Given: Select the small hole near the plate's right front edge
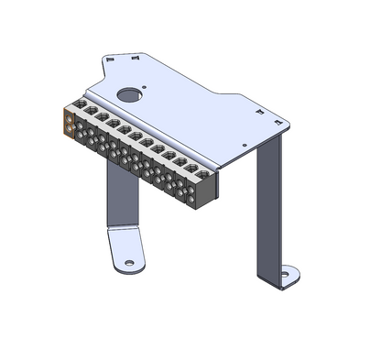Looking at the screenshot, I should click(x=243, y=145).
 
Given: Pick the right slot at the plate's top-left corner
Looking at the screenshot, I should click(x=135, y=56).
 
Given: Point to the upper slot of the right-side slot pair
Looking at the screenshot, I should click(x=256, y=108).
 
